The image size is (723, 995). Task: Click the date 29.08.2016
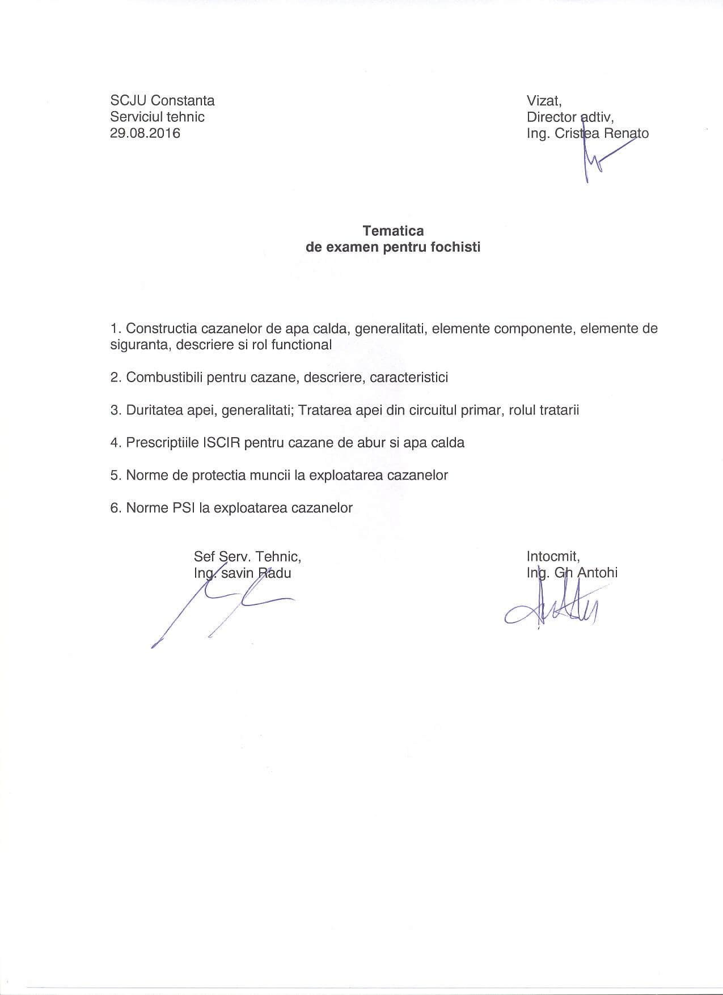click(145, 133)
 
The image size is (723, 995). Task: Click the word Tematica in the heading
click(393, 231)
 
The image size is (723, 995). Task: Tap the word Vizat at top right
click(543, 101)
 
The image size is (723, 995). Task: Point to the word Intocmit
click(552, 556)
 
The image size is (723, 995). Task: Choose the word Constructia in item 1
click(162, 329)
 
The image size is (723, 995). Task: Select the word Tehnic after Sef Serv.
click(278, 556)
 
